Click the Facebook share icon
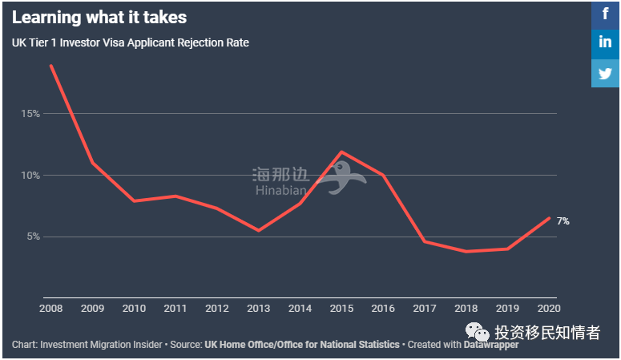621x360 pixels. click(605, 14)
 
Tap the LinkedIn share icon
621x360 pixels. click(605, 42)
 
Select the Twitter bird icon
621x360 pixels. click(605, 73)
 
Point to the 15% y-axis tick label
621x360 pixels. click(30, 114)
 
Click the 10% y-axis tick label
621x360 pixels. click(30, 176)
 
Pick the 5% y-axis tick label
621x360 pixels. click(32, 237)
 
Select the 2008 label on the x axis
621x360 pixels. click(50, 308)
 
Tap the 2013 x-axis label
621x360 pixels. click(259, 308)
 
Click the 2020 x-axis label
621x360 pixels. click(549, 308)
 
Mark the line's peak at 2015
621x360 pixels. click(342, 152)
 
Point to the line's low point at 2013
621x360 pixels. click(259, 230)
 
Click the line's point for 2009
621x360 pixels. click(92, 163)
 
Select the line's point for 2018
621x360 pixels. click(466, 252)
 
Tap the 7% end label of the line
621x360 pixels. click(563, 220)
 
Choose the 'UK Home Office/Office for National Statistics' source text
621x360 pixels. click(302, 345)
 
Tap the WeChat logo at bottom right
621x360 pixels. click(478, 332)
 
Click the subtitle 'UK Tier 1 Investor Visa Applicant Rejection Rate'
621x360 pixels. click(131, 42)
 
